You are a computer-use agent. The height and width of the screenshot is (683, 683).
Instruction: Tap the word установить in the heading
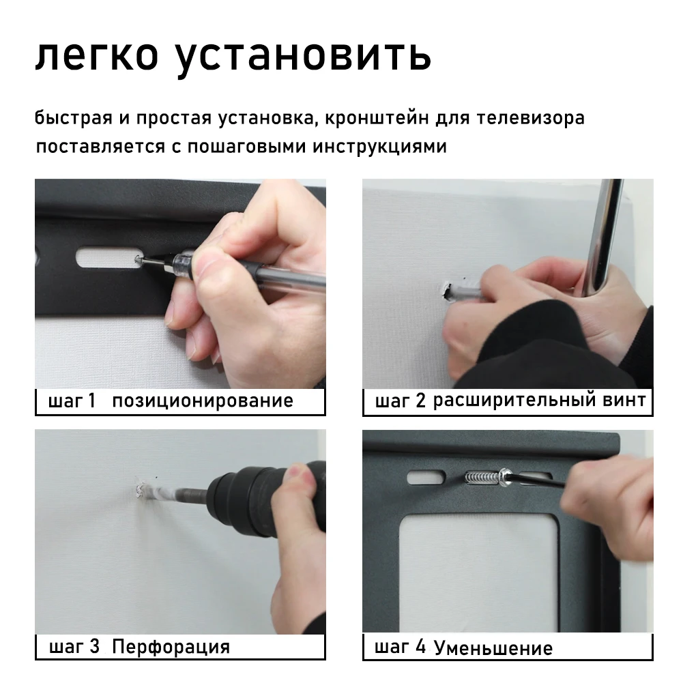[303, 57]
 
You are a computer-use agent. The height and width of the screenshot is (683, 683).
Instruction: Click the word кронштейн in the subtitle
[377, 118]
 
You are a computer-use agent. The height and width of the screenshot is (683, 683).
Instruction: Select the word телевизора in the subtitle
[531, 118]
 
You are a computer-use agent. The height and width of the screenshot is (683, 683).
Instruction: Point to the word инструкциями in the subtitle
[379, 146]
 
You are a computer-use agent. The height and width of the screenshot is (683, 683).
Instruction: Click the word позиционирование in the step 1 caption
[203, 401]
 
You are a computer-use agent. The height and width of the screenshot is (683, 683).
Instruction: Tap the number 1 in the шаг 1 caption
[91, 401]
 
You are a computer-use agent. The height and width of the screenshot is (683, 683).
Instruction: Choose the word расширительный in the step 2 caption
[514, 400]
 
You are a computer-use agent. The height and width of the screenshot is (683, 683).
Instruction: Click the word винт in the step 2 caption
[624, 400]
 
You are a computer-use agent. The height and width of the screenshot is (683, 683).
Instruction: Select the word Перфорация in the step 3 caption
[171, 646]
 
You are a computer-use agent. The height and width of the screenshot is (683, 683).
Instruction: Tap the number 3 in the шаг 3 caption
[95, 646]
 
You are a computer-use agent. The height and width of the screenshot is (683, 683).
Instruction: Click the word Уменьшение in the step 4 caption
[493, 648]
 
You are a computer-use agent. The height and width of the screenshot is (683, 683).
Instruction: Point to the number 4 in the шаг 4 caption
[420, 646]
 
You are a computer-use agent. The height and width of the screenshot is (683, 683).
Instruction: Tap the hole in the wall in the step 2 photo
[447, 291]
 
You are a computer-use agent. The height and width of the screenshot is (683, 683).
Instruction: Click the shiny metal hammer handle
[602, 235]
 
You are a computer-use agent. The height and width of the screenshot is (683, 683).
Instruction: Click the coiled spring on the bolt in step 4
[481, 478]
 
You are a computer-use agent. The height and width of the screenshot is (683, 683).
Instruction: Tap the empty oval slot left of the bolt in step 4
[426, 478]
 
